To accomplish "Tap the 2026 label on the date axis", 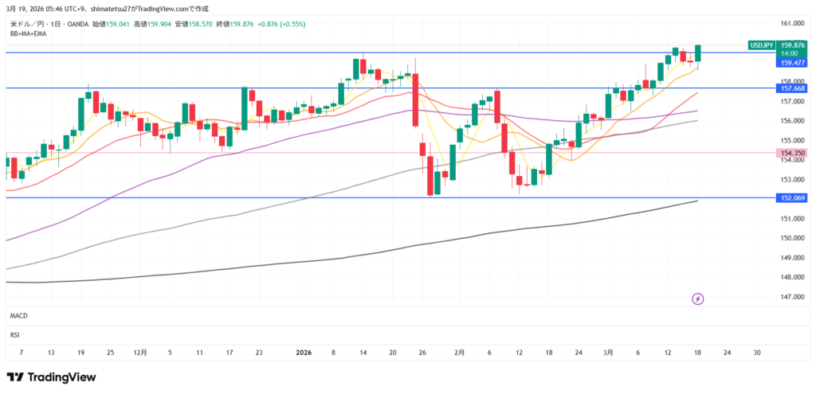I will tap(304, 351).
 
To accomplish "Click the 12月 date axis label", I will tap(140, 351).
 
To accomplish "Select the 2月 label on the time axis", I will tap(460, 351).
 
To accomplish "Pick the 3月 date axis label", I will tap(609, 351).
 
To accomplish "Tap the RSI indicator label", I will tap(15, 335).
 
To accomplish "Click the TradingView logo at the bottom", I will tap(51, 376).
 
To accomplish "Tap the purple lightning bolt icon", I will tap(698, 298).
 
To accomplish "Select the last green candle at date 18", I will tap(698, 53).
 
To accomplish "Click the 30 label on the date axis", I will tap(756, 351).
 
